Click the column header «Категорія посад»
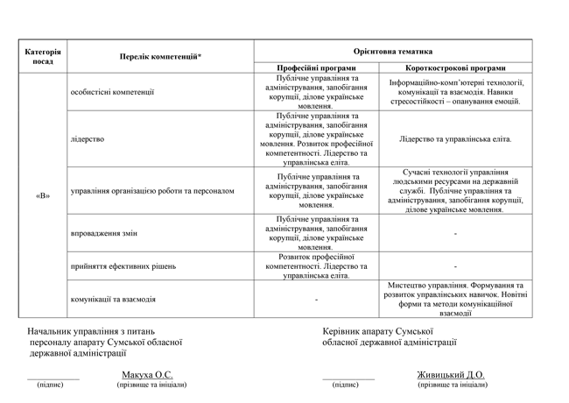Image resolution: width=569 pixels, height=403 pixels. [x=43, y=56]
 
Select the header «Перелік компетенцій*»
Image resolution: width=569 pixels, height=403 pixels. [x=160, y=57]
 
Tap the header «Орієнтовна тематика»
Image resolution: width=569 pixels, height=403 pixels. [x=393, y=52]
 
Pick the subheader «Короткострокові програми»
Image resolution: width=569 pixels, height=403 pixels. [x=455, y=67]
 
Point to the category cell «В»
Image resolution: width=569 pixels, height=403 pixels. [x=43, y=195]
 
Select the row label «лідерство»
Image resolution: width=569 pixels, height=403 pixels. [x=88, y=138]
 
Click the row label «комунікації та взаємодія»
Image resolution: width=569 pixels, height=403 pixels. [x=114, y=299]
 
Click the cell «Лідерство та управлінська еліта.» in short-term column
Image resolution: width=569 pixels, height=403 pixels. [x=455, y=138]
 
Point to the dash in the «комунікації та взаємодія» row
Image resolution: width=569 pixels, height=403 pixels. [x=316, y=299]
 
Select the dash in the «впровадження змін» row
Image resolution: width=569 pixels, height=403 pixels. [x=455, y=234]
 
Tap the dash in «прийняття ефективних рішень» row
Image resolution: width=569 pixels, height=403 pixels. [x=455, y=265]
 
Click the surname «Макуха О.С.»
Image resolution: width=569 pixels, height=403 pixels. [x=147, y=374]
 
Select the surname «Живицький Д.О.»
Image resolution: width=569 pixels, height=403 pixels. [x=451, y=374]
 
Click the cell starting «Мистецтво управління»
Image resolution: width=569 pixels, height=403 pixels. [x=455, y=299]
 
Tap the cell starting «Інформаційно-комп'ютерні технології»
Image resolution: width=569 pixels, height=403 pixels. [x=455, y=91]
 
